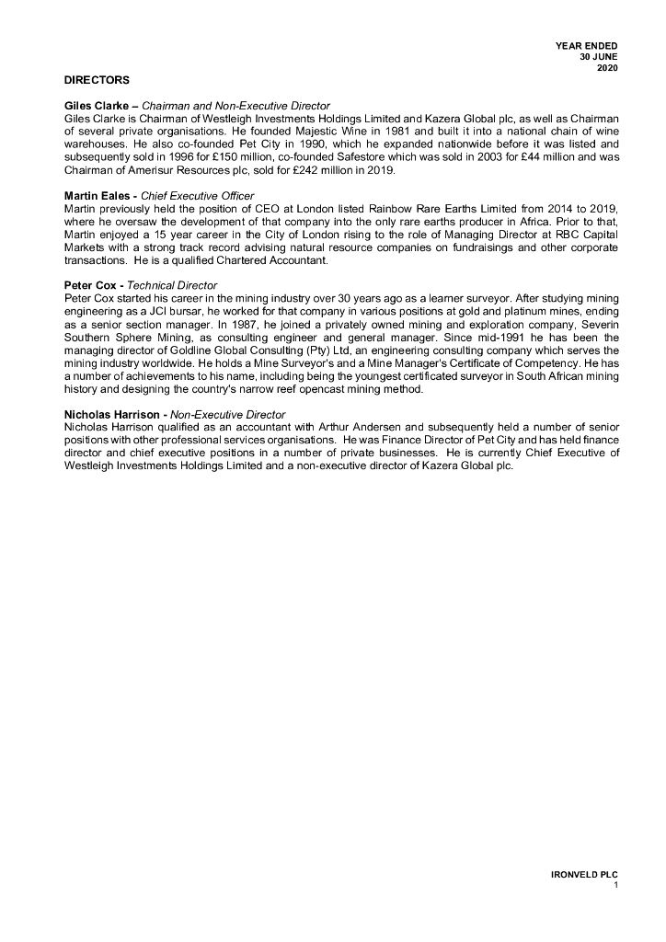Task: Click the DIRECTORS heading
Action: pos(97,81)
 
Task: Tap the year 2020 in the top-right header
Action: pos(607,68)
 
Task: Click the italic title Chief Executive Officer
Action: pos(197,196)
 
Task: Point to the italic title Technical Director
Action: pos(172,286)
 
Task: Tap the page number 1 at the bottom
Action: pos(615,885)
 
